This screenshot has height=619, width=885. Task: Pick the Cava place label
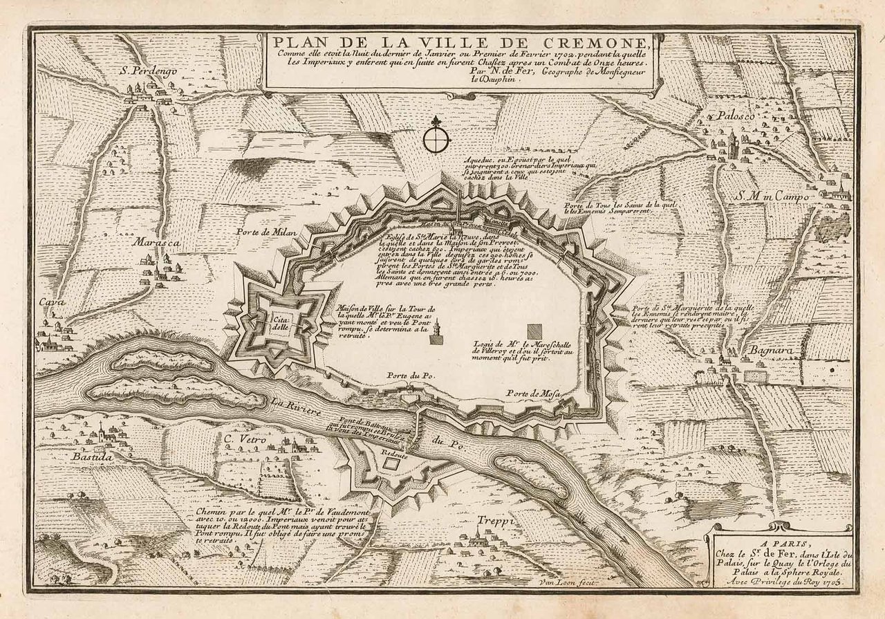(x=48, y=302)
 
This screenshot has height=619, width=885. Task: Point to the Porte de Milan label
(x=266, y=232)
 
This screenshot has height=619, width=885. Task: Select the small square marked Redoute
(x=391, y=465)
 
